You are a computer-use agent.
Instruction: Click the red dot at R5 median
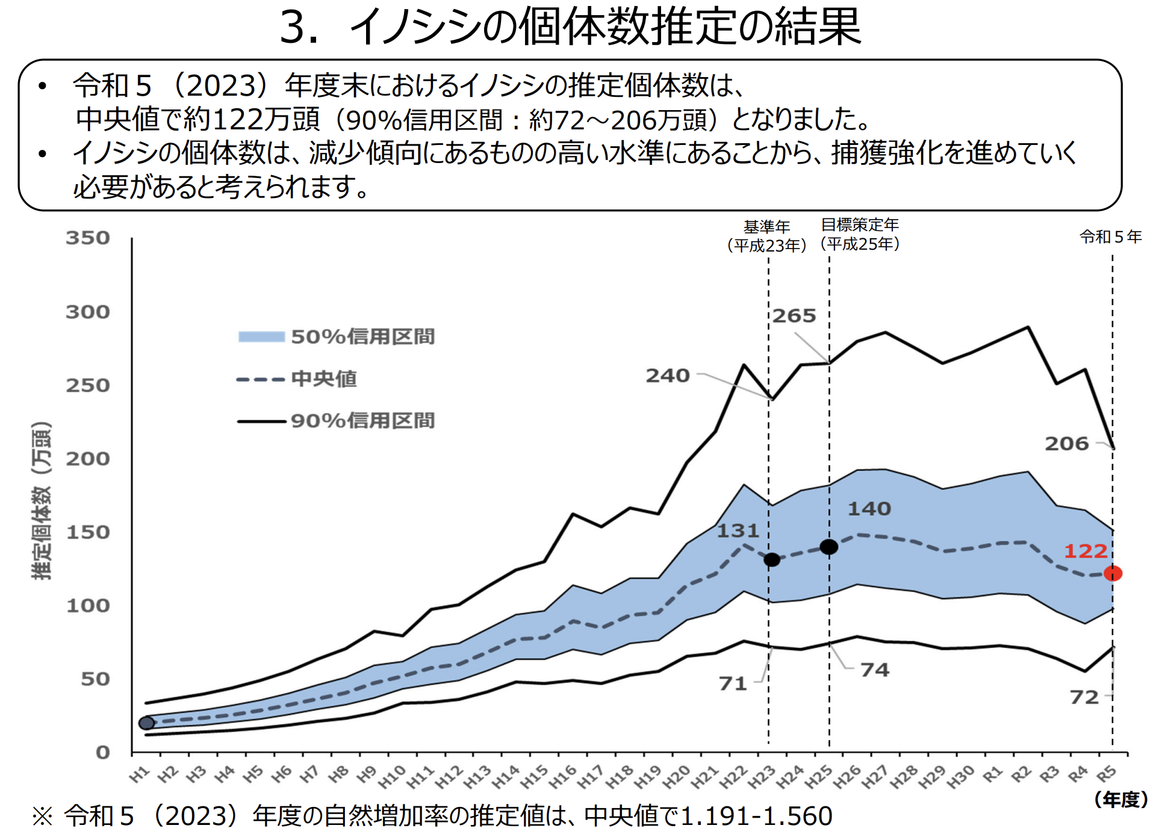(1113, 573)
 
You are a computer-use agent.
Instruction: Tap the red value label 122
(1086, 551)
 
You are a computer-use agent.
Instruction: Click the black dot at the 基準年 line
(772, 560)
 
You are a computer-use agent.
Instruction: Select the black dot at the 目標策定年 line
(829, 546)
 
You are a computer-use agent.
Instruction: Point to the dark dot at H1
(146, 723)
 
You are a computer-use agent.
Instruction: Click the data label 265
(794, 316)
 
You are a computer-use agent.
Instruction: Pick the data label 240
(668, 376)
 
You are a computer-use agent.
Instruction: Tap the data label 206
(1067, 444)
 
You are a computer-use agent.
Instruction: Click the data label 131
(738, 531)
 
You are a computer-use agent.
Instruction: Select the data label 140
(869, 509)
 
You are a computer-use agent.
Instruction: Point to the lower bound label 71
(733, 684)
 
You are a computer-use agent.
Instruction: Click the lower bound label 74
(874, 670)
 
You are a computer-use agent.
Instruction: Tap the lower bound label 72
(1084, 697)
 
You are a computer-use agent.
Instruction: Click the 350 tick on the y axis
(88, 238)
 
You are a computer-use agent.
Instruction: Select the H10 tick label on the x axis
(392, 777)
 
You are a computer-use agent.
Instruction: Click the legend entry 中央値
(324, 379)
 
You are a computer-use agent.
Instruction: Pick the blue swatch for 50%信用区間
(261, 337)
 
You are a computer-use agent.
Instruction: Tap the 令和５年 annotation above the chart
(1111, 237)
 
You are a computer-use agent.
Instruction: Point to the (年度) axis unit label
(1120, 799)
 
